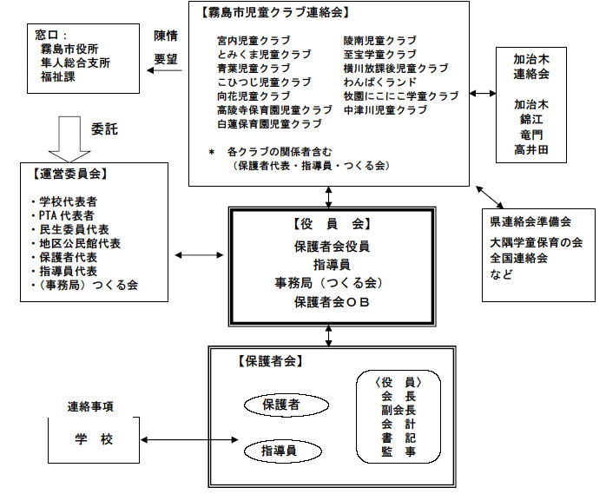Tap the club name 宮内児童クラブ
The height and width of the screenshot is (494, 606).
click(x=254, y=40)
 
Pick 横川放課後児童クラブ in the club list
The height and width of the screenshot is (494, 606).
click(x=395, y=68)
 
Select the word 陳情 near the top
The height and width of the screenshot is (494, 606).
click(x=166, y=36)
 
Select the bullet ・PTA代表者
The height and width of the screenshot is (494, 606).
click(x=63, y=215)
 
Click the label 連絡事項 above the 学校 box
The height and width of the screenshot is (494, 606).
click(x=92, y=406)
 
